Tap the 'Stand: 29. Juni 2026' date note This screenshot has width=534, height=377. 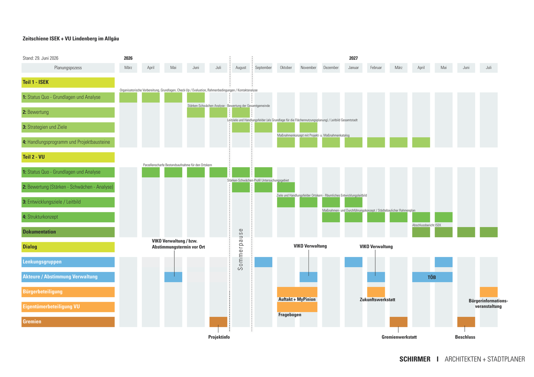40,58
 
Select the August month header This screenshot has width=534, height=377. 241,68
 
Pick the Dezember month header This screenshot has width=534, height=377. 331,68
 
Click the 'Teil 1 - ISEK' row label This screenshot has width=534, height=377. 68,82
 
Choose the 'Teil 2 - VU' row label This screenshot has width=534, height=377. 68,157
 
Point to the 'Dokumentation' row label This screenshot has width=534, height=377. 68,232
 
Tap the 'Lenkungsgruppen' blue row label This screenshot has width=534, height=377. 68,262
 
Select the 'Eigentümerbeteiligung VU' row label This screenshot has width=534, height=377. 68,307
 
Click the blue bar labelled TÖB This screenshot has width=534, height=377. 432,277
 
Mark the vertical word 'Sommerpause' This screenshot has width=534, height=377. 241,249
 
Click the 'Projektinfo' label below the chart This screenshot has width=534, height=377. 219,337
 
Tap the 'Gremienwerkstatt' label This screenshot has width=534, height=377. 399,337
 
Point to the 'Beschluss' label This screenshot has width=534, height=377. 465,337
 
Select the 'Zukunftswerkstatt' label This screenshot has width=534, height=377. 377,300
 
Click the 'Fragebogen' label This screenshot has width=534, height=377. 290,315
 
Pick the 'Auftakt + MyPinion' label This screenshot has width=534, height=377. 297,299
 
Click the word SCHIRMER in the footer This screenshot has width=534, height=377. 415,359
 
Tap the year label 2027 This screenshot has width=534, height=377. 353,58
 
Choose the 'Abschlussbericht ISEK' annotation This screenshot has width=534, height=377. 427,225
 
